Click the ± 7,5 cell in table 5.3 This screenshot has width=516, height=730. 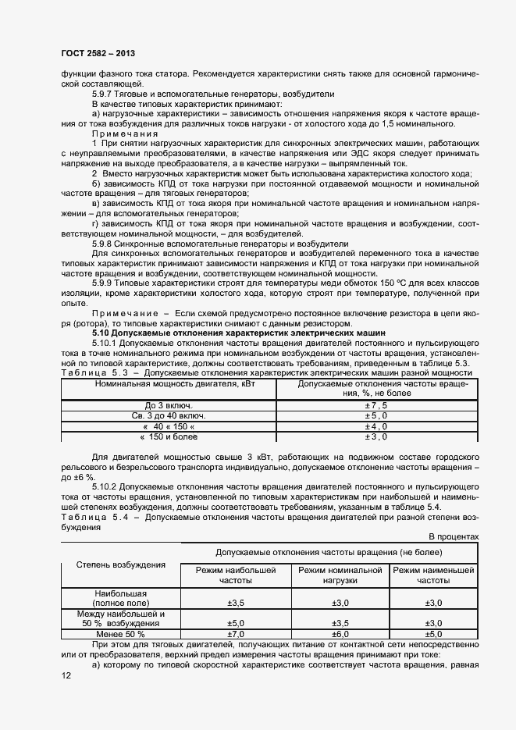coord(376,406)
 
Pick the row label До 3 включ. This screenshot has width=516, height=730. coord(169,406)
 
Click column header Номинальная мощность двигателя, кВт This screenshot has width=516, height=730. coord(169,384)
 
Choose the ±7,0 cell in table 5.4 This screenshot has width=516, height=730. coord(236,634)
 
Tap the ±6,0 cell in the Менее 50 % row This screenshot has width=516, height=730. coord(340,634)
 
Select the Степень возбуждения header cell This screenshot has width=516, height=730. coord(119,564)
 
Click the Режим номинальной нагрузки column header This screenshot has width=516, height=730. coord(340,575)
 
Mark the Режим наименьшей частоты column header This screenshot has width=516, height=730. coord(433,575)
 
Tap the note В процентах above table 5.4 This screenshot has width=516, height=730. coord(453,536)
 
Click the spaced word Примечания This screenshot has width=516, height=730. coord(125,134)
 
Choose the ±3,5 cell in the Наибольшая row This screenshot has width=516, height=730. coord(236,604)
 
